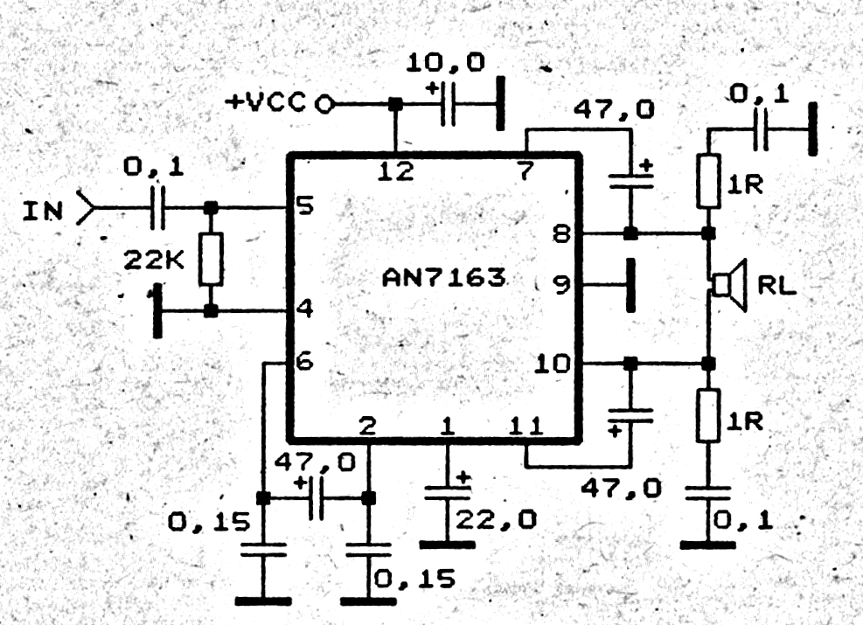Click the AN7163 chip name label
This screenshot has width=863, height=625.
click(x=443, y=277)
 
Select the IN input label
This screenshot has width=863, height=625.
click(x=43, y=211)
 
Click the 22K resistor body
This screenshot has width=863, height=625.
click(x=211, y=259)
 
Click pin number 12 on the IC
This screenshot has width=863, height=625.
click(x=396, y=171)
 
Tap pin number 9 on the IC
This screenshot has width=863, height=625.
click(x=561, y=284)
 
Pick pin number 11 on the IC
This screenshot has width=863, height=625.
click(x=526, y=426)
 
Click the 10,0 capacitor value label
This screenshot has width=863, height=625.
click(x=445, y=63)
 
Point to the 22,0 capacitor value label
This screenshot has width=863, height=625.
click(x=496, y=519)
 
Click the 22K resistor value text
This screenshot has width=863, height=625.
click(x=154, y=260)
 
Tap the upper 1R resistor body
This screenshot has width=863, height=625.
click(x=708, y=182)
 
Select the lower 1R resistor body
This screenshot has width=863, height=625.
click(x=708, y=416)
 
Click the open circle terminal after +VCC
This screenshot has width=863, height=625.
click(x=324, y=103)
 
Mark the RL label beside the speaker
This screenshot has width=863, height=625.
click(x=777, y=285)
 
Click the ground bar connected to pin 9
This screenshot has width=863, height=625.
click(x=630, y=285)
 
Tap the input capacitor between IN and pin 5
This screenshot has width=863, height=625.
click(x=157, y=208)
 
